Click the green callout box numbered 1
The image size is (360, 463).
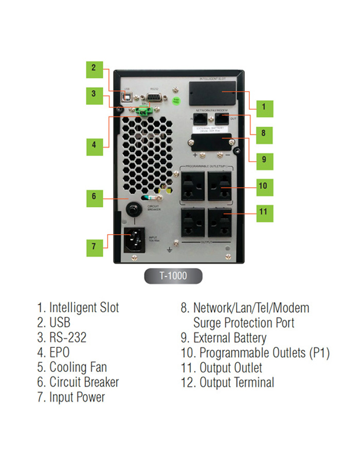263,108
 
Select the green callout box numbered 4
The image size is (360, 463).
94,145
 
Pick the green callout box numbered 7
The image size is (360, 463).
94,246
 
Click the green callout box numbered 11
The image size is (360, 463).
263,212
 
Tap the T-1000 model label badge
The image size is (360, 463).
173,276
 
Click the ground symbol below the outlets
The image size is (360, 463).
169,250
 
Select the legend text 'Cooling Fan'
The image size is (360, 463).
78,367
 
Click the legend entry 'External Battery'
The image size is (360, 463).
224,338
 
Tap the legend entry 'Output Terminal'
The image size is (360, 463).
228,383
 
